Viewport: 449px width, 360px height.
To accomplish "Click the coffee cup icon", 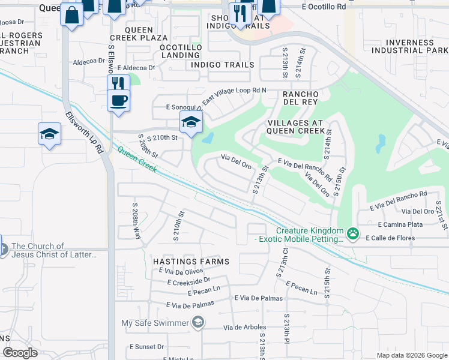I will pos(118,100).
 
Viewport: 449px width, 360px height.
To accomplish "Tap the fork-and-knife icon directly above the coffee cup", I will pos(118,83).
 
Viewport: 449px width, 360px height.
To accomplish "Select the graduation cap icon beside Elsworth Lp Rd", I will pos(49,134).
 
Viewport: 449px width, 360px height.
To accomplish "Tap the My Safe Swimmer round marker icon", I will pos(197,323).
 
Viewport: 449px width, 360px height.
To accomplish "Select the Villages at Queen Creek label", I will pos(294,127).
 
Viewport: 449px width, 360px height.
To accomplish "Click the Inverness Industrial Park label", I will pos(409,46).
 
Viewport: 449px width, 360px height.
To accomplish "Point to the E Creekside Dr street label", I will pos(189,280).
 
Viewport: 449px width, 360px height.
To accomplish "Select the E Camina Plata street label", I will pos(400,224).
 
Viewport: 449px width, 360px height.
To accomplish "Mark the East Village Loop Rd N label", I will pos(234,95).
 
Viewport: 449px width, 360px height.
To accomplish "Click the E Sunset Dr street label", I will pos(147,347).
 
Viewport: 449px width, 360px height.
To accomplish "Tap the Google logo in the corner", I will pos(20,352).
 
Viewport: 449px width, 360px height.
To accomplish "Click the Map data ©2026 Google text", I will pos(412,355).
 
